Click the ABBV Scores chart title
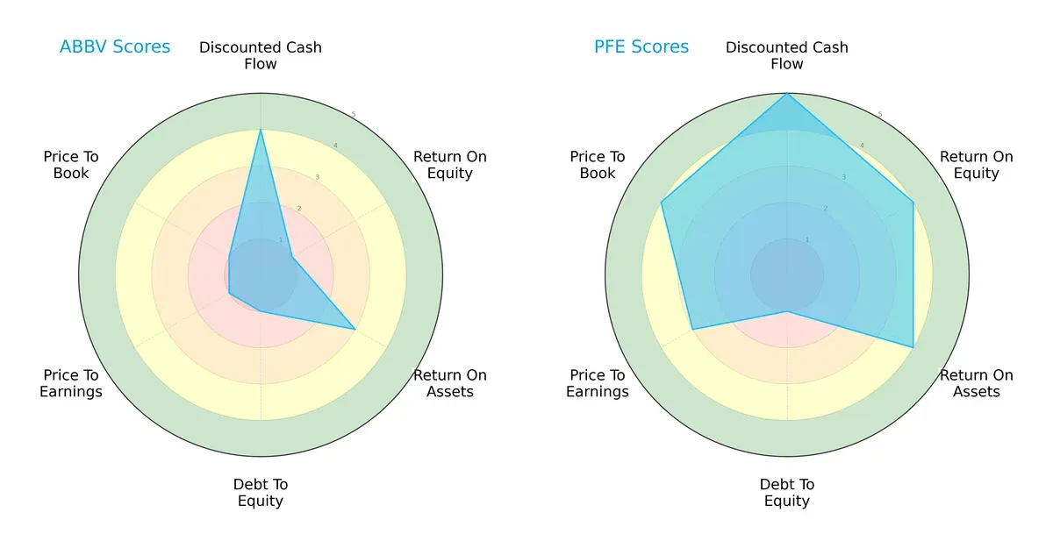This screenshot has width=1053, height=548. pyautogui.click(x=115, y=46)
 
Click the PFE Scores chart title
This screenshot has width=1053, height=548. pyautogui.click(x=641, y=46)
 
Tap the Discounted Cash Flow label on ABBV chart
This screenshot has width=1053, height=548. pyautogui.click(x=261, y=55)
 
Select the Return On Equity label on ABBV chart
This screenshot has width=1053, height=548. pyautogui.click(x=450, y=165)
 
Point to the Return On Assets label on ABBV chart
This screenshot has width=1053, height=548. pyautogui.click(x=450, y=383)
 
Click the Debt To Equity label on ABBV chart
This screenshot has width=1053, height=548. pyautogui.click(x=261, y=493)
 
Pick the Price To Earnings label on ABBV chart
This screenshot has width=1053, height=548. pyautogui.click(x=71, y=383)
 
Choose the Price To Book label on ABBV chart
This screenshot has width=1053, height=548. pyautogui.click(x=71, y=165)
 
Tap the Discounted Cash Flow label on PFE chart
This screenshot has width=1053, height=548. pyautogui.click(x=787, y=55)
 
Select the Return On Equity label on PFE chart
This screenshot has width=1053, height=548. pyautogui.click(x=977, y=165)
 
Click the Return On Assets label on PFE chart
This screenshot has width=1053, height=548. pyautogui.click(x=977, y=383)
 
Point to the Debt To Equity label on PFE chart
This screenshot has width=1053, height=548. pyautogui.click(x=787, y=493)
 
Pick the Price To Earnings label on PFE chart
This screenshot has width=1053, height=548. pyautogui.click(x=598, y=383)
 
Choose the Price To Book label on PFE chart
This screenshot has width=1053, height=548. pyautogui.click(x=598, y=165)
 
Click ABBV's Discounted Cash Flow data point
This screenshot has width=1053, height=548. pyautogui.click(x=261, y=130)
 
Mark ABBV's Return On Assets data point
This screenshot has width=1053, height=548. pyautogui.click(x=355, y=330)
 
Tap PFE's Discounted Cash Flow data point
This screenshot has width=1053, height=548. pyautogui.click(x=787, y=94)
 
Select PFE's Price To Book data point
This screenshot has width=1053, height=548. pyautogui.click(x=661, y=203)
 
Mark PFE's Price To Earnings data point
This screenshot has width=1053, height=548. pyautogui.click(x=692, y=330)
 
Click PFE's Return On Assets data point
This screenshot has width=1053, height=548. pyautogui.click(x=913, y=347)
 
